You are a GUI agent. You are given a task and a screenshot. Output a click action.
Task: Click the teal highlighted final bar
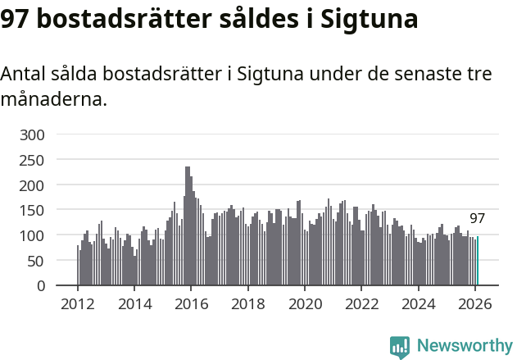pyautogui.click(x=478, y=262)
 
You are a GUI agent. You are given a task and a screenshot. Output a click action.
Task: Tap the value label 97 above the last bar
pyautogui.click(x=477, y=219)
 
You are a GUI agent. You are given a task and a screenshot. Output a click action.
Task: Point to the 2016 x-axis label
pyautogui.click(x=191, y=304)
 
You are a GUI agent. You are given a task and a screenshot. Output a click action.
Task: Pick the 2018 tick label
pyautogui.click(x=247, y=304)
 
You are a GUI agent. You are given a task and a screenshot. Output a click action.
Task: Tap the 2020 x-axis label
pyautogui.click(x=304, y=304)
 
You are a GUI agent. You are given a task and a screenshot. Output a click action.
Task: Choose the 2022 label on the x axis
pyautogui.click(x=361, y=304)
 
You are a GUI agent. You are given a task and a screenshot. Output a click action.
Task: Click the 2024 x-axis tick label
pyautogui.click(x=418, y=304)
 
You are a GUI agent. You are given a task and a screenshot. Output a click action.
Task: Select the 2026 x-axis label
pyautogui.click(x=474, y=304)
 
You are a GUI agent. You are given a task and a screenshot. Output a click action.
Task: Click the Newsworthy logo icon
pyautogui.click(x=400, y=347)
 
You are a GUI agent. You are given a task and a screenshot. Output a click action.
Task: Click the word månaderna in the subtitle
pyautogui.click(x=53, y=101)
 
